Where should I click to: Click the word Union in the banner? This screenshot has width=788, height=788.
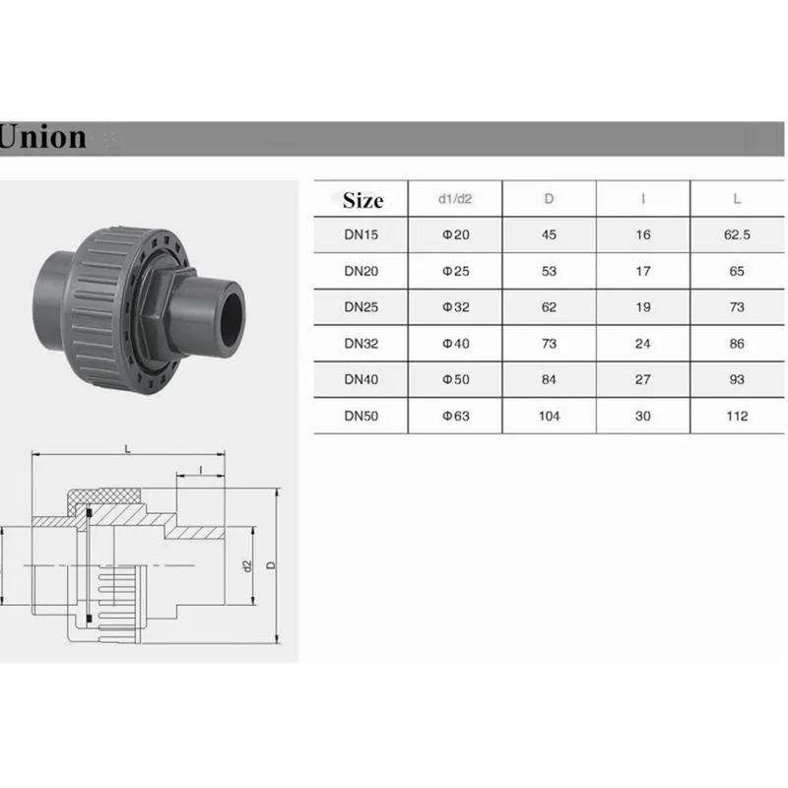click(x=42, y=137)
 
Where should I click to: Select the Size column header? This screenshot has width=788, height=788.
click(x=362, y=201)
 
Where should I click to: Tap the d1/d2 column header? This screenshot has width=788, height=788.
click(x=455, y=199)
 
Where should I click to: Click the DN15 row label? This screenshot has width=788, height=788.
click(x=361, y=234)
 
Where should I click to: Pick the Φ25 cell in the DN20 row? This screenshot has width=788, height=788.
click(x=455, y=272)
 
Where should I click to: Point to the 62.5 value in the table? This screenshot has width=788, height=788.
click(x=737, y=234)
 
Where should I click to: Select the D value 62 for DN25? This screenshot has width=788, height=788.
click(x=549, y=307)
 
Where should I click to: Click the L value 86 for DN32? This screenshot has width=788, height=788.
click(x=737, y=344)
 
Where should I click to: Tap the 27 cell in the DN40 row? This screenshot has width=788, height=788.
click(x=643, y=380)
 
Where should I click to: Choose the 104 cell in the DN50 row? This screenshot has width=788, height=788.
click(x=549, y=416)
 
